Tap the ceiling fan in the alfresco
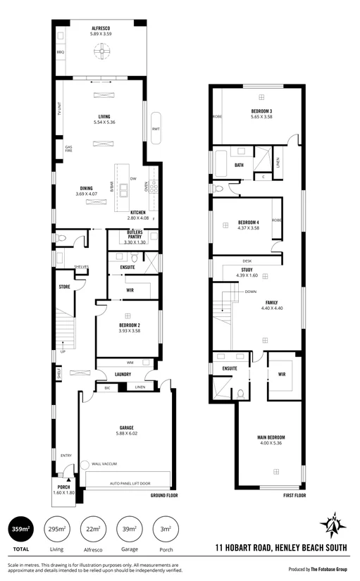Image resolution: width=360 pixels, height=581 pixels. click(100, 50)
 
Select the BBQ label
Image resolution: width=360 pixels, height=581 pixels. click(61, 52)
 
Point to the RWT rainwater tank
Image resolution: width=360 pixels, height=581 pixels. click(156, 128)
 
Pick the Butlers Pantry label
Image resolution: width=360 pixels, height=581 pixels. click(135, 237)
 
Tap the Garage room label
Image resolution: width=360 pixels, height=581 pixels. click(127, 428)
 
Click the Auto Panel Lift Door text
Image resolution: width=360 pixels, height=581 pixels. click(129, 484)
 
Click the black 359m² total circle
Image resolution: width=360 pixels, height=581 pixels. click(20, 529)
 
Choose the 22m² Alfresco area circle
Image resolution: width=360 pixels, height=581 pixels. click(92, 529)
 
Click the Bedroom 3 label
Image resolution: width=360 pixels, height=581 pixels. click(261, 114)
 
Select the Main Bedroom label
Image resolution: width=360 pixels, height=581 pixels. click(271, 440)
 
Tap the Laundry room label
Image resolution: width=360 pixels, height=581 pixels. click(123, 374)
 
